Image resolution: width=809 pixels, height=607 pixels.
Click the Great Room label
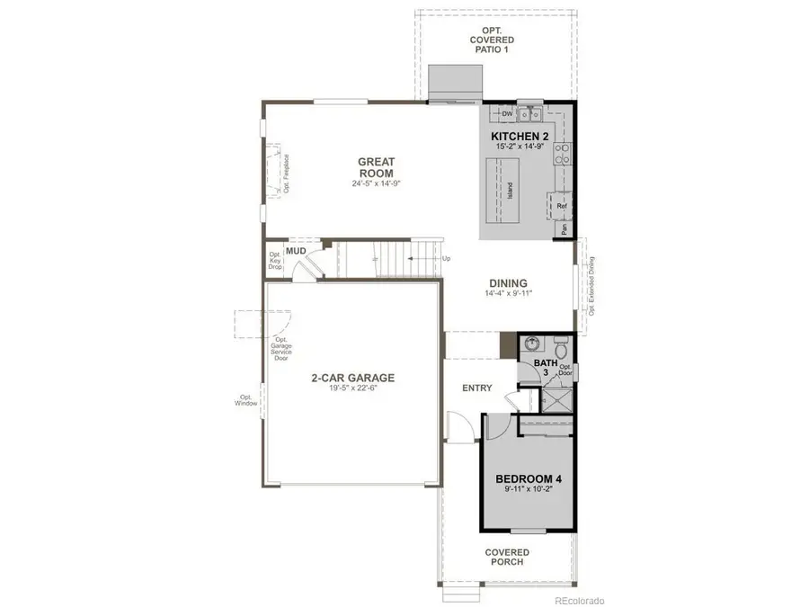point(377,167)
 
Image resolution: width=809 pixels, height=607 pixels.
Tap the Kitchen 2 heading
point(520,137)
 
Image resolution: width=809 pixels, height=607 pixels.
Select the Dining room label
point(506,282)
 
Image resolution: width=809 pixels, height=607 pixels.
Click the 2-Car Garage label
point(352,378)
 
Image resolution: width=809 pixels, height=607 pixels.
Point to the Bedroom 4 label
point(529,479)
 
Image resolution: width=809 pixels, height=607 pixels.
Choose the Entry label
point(476,388)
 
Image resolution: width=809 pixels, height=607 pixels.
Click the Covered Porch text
point(507,557)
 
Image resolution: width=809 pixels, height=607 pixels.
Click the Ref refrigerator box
point(562,206)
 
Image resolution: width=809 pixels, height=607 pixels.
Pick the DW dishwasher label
point(507,114)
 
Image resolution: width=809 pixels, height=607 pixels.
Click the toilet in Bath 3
point(560,346)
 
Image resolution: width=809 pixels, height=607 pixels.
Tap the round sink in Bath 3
point(532,344)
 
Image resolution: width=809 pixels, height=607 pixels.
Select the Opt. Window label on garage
point(246,400)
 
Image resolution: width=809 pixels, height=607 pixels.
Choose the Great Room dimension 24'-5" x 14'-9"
point(376,183)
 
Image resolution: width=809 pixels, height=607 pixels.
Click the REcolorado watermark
point(580,600)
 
